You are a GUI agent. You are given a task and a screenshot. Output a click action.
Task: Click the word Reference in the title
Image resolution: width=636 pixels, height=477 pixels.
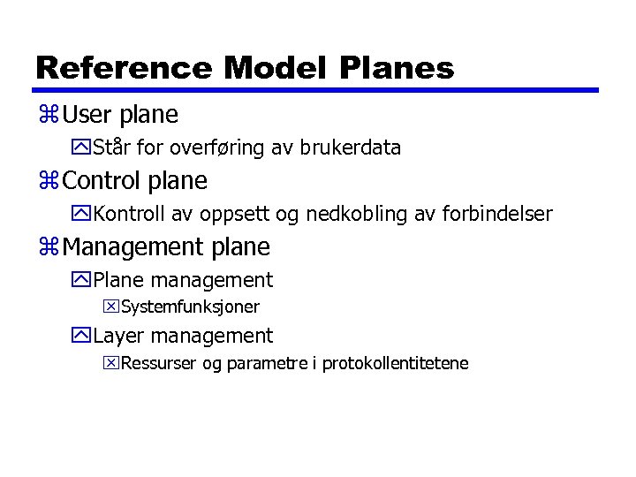tap(124, 67)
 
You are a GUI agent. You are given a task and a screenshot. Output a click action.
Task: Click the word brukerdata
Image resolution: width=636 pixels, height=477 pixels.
tap(350, 148)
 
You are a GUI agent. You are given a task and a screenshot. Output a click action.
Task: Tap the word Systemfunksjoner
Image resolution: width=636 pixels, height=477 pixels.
tap(190, 307)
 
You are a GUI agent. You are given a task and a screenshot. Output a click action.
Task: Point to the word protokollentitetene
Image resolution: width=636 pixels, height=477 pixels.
tap(395, 363)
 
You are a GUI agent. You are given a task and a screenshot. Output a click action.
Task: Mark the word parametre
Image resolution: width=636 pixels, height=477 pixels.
tap(269, 364)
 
